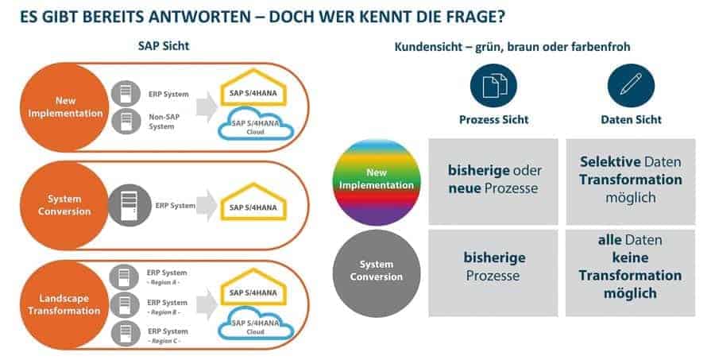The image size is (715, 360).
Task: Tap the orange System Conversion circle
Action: pyautogui.click(x=68, y=206)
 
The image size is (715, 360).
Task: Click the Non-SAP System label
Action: pyautogui.click(x=163, y=121)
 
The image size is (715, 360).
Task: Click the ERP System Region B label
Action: pyautogui.click(x=168, y=306)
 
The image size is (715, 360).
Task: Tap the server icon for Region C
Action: pyautogui.click(x=122, y=331)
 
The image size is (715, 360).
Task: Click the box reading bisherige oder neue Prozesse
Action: pyautogui.click(x=493, y=181)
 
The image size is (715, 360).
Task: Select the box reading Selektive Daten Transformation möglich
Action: pyautogui.click(x=630, y=181)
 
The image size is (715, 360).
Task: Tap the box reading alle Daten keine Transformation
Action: pyautogui.click(x=630, y=273)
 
